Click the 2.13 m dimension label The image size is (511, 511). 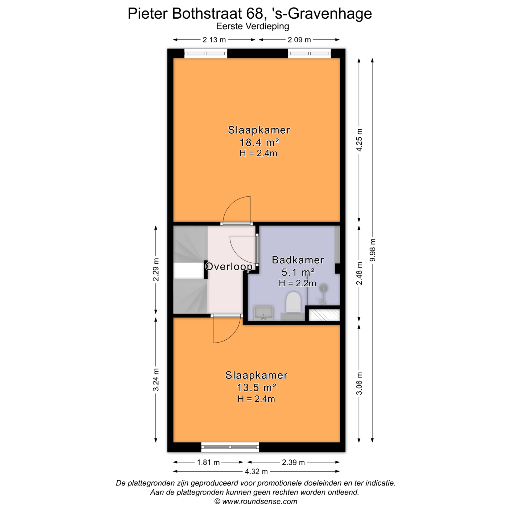pos(214,40)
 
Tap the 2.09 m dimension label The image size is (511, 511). pos(299,40)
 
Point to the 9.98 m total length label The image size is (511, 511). pos(373,250)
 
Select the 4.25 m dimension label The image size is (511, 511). pos(359,140)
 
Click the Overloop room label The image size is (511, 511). pos(229,266)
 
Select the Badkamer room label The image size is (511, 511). pos(298,260)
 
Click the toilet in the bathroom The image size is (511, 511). pos(293,303)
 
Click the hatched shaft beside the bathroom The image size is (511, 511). pos(324,315)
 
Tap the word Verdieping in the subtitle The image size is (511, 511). pos(267,26)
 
